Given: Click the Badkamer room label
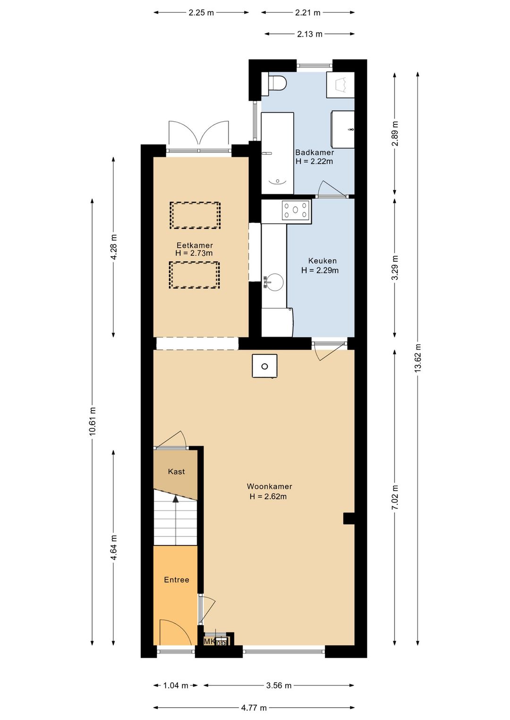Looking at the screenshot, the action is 314,152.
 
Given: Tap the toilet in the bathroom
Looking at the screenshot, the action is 274,83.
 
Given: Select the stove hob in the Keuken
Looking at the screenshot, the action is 296,210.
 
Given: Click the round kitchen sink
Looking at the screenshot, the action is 273,281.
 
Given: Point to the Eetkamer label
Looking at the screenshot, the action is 195,245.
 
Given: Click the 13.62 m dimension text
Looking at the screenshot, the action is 417,358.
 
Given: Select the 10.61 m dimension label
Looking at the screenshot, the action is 93,421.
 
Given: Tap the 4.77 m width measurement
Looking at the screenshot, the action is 254,707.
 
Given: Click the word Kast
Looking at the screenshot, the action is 176,471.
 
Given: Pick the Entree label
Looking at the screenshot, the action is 176,579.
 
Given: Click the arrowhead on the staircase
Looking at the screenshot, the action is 175,499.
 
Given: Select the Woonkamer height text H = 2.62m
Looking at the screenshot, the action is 268,497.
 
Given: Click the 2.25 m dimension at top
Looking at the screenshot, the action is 201,13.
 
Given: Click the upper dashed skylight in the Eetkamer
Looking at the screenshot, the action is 195,215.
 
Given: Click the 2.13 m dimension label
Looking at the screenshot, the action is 309,34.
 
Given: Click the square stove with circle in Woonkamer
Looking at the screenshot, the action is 264,366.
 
